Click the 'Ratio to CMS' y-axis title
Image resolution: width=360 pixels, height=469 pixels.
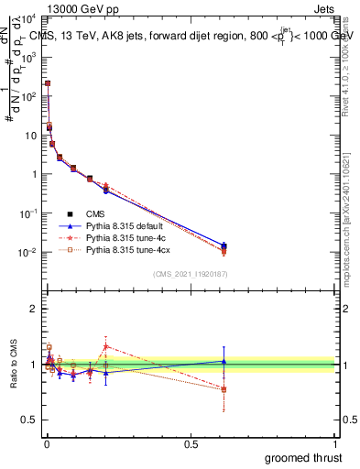pos(14,365)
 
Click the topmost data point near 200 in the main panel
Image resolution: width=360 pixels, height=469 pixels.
pos(48,83)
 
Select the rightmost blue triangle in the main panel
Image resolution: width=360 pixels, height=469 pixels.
pos(224,245)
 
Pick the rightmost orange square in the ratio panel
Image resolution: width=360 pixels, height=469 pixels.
pos(224,389)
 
